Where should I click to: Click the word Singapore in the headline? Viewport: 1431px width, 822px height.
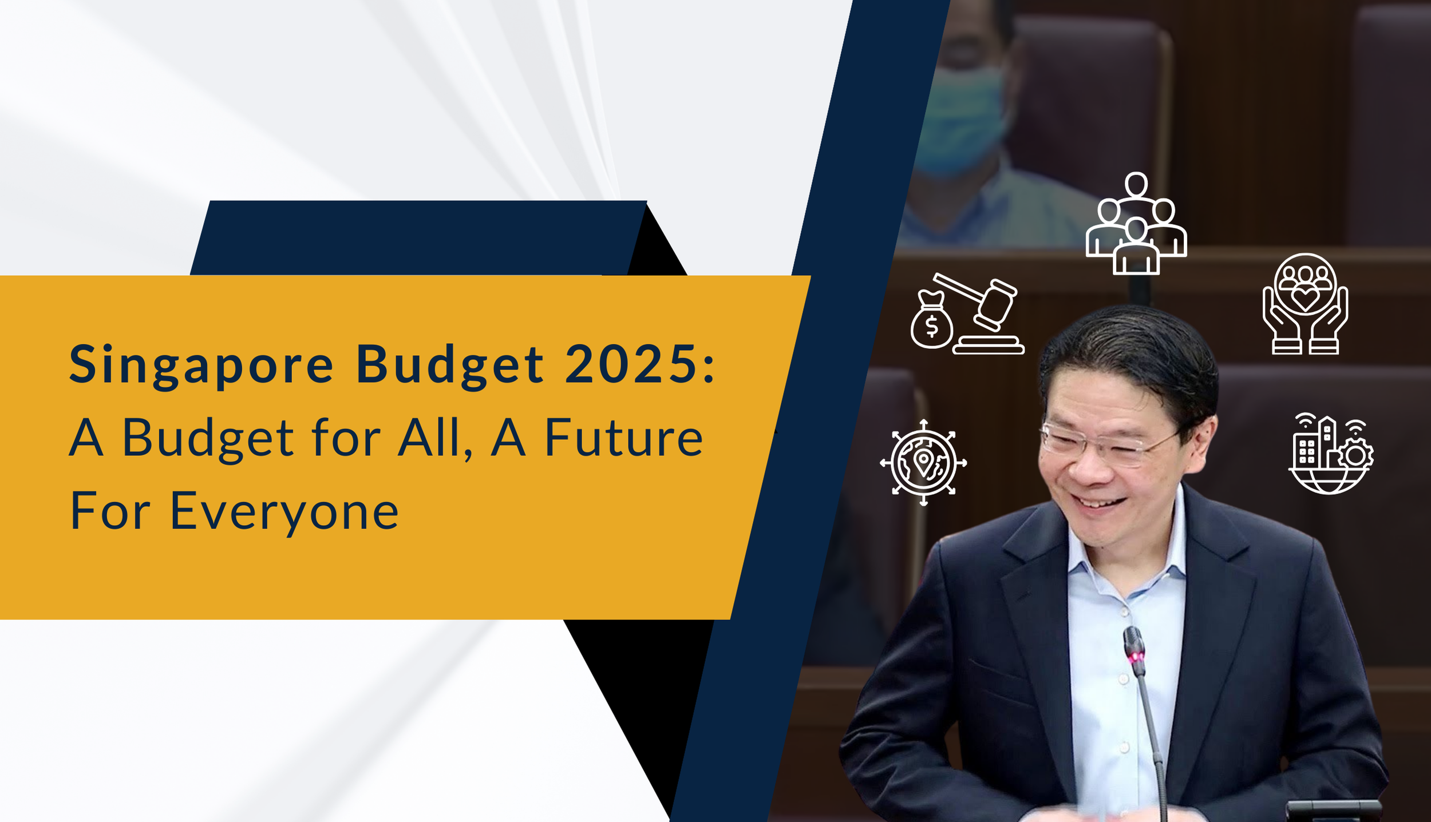200,365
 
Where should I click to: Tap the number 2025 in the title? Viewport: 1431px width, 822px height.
632,364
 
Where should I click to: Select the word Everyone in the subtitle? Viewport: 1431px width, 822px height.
284,511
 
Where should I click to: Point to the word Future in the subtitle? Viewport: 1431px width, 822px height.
624,438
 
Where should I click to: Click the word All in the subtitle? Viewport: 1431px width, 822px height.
435,438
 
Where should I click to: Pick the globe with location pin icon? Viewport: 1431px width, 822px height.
923,462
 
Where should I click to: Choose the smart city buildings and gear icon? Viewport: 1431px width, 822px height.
1331,454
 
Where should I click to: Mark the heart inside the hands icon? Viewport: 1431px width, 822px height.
1305,297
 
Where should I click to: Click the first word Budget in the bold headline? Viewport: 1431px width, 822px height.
449,365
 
